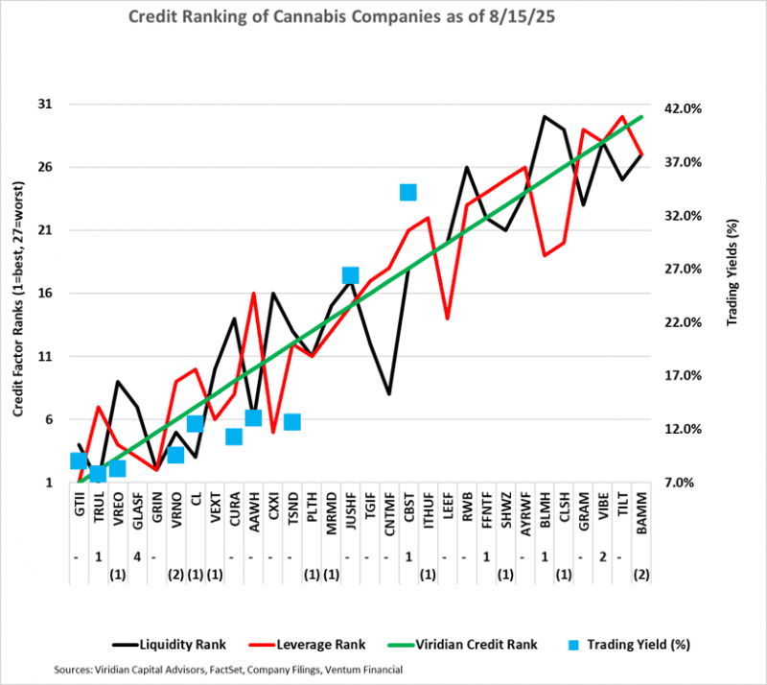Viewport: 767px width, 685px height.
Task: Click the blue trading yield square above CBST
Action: (x=407, y=192)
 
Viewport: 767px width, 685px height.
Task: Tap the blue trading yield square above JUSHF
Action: (x=350, y=275)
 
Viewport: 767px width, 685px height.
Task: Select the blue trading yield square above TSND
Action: (x=292, y=422)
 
